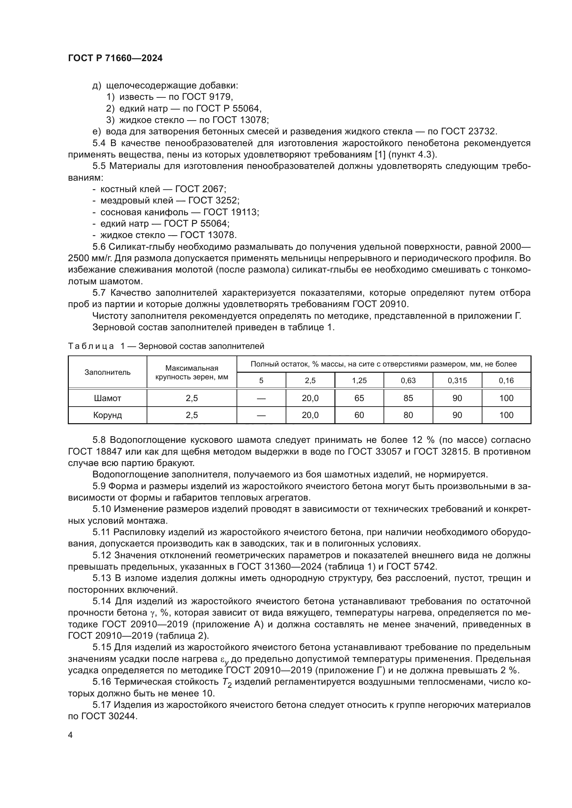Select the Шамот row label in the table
[108, 398]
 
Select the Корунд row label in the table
[108, 415]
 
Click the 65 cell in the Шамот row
[359, 398]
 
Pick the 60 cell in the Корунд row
[359, 415]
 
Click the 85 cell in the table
[408, 398]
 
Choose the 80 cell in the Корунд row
[408, 415]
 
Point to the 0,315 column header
[457, 380]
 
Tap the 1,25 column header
[359, 380]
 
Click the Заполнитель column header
[108, 372]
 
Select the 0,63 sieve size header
[408, 380]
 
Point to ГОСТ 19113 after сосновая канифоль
[230, 212]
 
